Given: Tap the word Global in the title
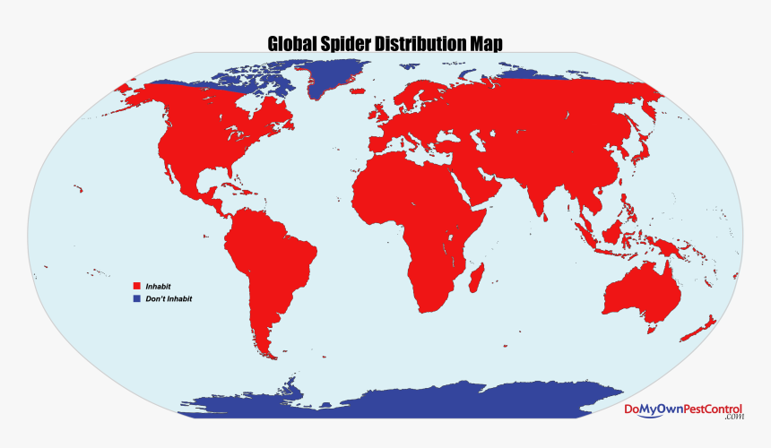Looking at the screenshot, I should point(294,44).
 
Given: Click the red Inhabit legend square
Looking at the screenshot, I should point(137,286).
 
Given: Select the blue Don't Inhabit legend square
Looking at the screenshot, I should point(137,298).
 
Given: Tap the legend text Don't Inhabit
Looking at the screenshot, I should point(169,298).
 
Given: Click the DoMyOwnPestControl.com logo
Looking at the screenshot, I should point(683,410).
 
